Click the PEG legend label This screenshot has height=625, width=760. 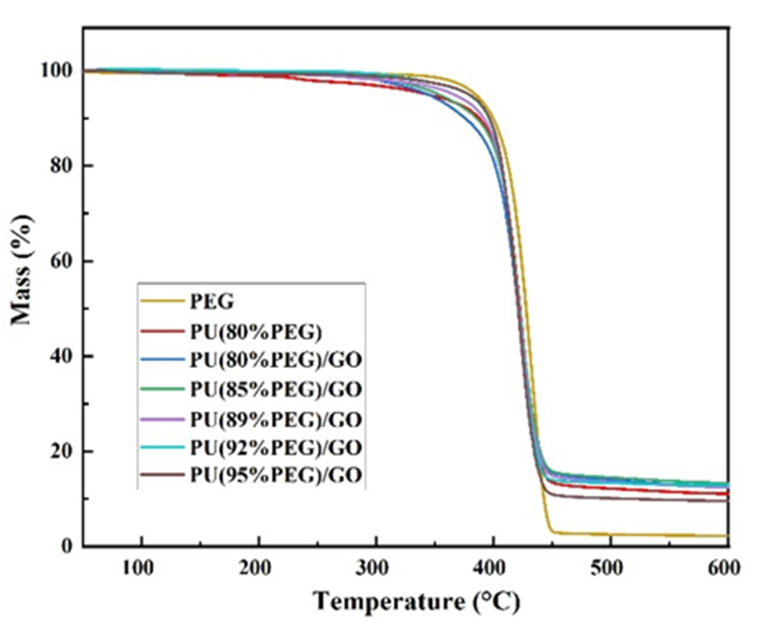pyautogui.click(x=212, y=302)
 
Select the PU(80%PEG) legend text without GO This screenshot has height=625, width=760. pyautogui.click(x=256, y=331)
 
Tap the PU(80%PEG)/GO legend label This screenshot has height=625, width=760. pyautogui.click(x=276, y=360)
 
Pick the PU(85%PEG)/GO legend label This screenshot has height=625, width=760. pyautogui.click(x=276, y=389)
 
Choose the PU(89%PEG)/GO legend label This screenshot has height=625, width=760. pyautogui.click(x=276, y=419)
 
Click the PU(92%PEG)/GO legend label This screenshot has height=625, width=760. pyautogui.click(x=276, y=447)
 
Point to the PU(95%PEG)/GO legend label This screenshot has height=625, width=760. pyautogui.click(x=276, y=475)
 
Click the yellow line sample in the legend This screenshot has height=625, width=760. pyautogui.click(x=162, y=301)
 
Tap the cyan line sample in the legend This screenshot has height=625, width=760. pyautogui.click(x=162, y=447)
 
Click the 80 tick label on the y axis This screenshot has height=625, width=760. pyautogui.click(x=61, y=166)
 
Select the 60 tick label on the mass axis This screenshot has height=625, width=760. pyautogui.click(x=61, y=261)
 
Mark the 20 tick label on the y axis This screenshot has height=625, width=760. pyautogui.click(x=61, y=451)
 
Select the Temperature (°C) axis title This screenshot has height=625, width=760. pyautogui.click(x=416, y=601)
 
